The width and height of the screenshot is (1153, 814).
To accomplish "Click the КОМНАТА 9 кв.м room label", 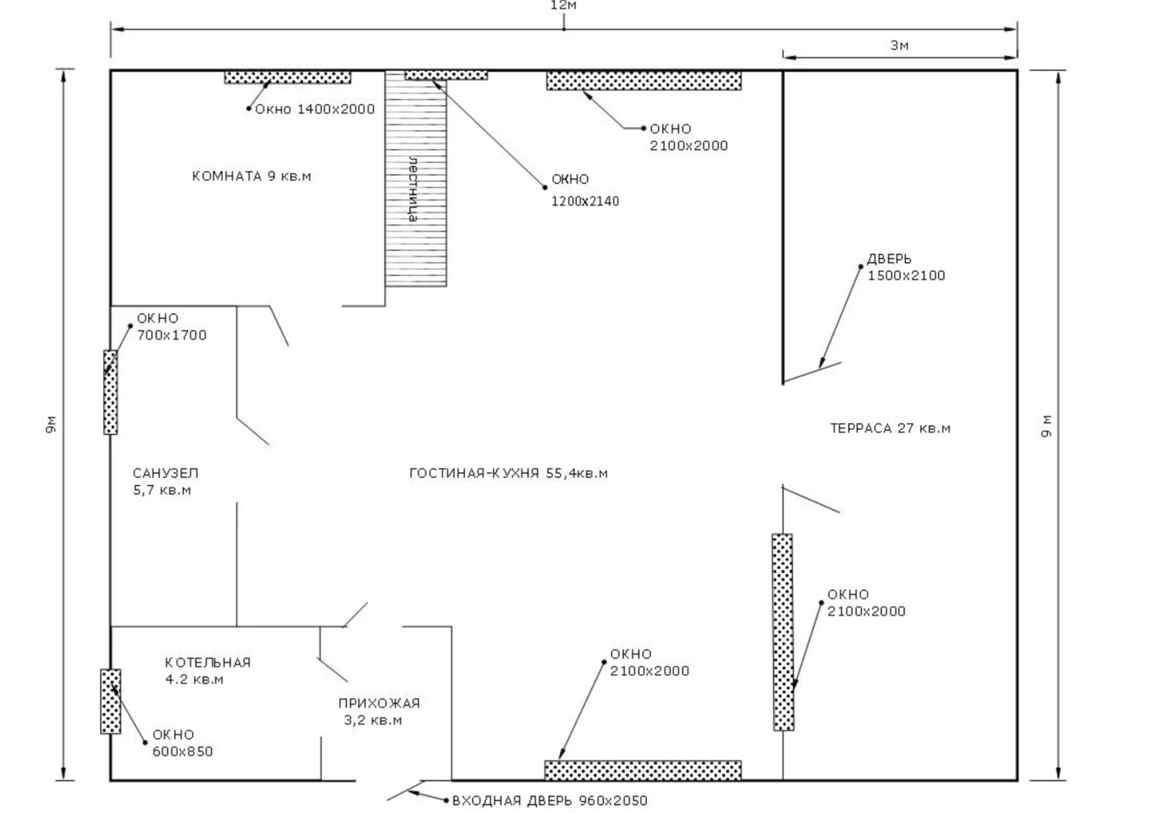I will [x=251, y=176].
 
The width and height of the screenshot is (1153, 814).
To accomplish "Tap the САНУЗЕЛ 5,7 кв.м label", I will [x=165, y=481].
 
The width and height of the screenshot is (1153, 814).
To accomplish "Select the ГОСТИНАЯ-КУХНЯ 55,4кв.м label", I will [x=509, y=473].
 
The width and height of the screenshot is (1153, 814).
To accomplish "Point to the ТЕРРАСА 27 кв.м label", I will [x=890, y=428].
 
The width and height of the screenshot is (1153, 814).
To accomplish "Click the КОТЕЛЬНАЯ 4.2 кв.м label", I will [x=207, y=671].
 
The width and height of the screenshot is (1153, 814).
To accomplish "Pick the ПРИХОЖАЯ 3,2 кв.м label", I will [x=378, y=711].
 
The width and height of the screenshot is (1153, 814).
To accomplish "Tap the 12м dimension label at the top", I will [x=563, y=6].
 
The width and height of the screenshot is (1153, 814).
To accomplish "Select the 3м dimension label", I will [x=899, y=46].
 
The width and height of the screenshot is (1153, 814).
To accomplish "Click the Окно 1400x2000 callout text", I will [x=314, y=109].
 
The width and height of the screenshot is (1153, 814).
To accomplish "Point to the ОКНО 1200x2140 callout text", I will [x=584, y=190].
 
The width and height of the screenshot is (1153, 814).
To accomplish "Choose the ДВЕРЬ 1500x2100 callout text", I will [x=906, y=267].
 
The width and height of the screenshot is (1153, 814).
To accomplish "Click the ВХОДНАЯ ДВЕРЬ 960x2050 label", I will [x=550, y=801].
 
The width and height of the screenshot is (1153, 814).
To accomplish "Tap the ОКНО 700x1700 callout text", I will [x=171, y=326].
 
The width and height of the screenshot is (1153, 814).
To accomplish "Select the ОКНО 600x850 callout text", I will [x=182, y=742].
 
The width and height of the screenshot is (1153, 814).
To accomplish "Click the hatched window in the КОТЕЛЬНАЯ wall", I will [x=111, y=701].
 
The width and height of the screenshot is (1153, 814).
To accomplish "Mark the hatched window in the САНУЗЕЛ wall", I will [x=110, y=392].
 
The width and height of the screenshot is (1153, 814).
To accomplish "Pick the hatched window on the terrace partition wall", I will [x=783, y=632].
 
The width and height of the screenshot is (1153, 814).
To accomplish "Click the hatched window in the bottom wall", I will [x=643, y=770].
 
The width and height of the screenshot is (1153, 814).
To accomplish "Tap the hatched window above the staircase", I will [x=446, y=75].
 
